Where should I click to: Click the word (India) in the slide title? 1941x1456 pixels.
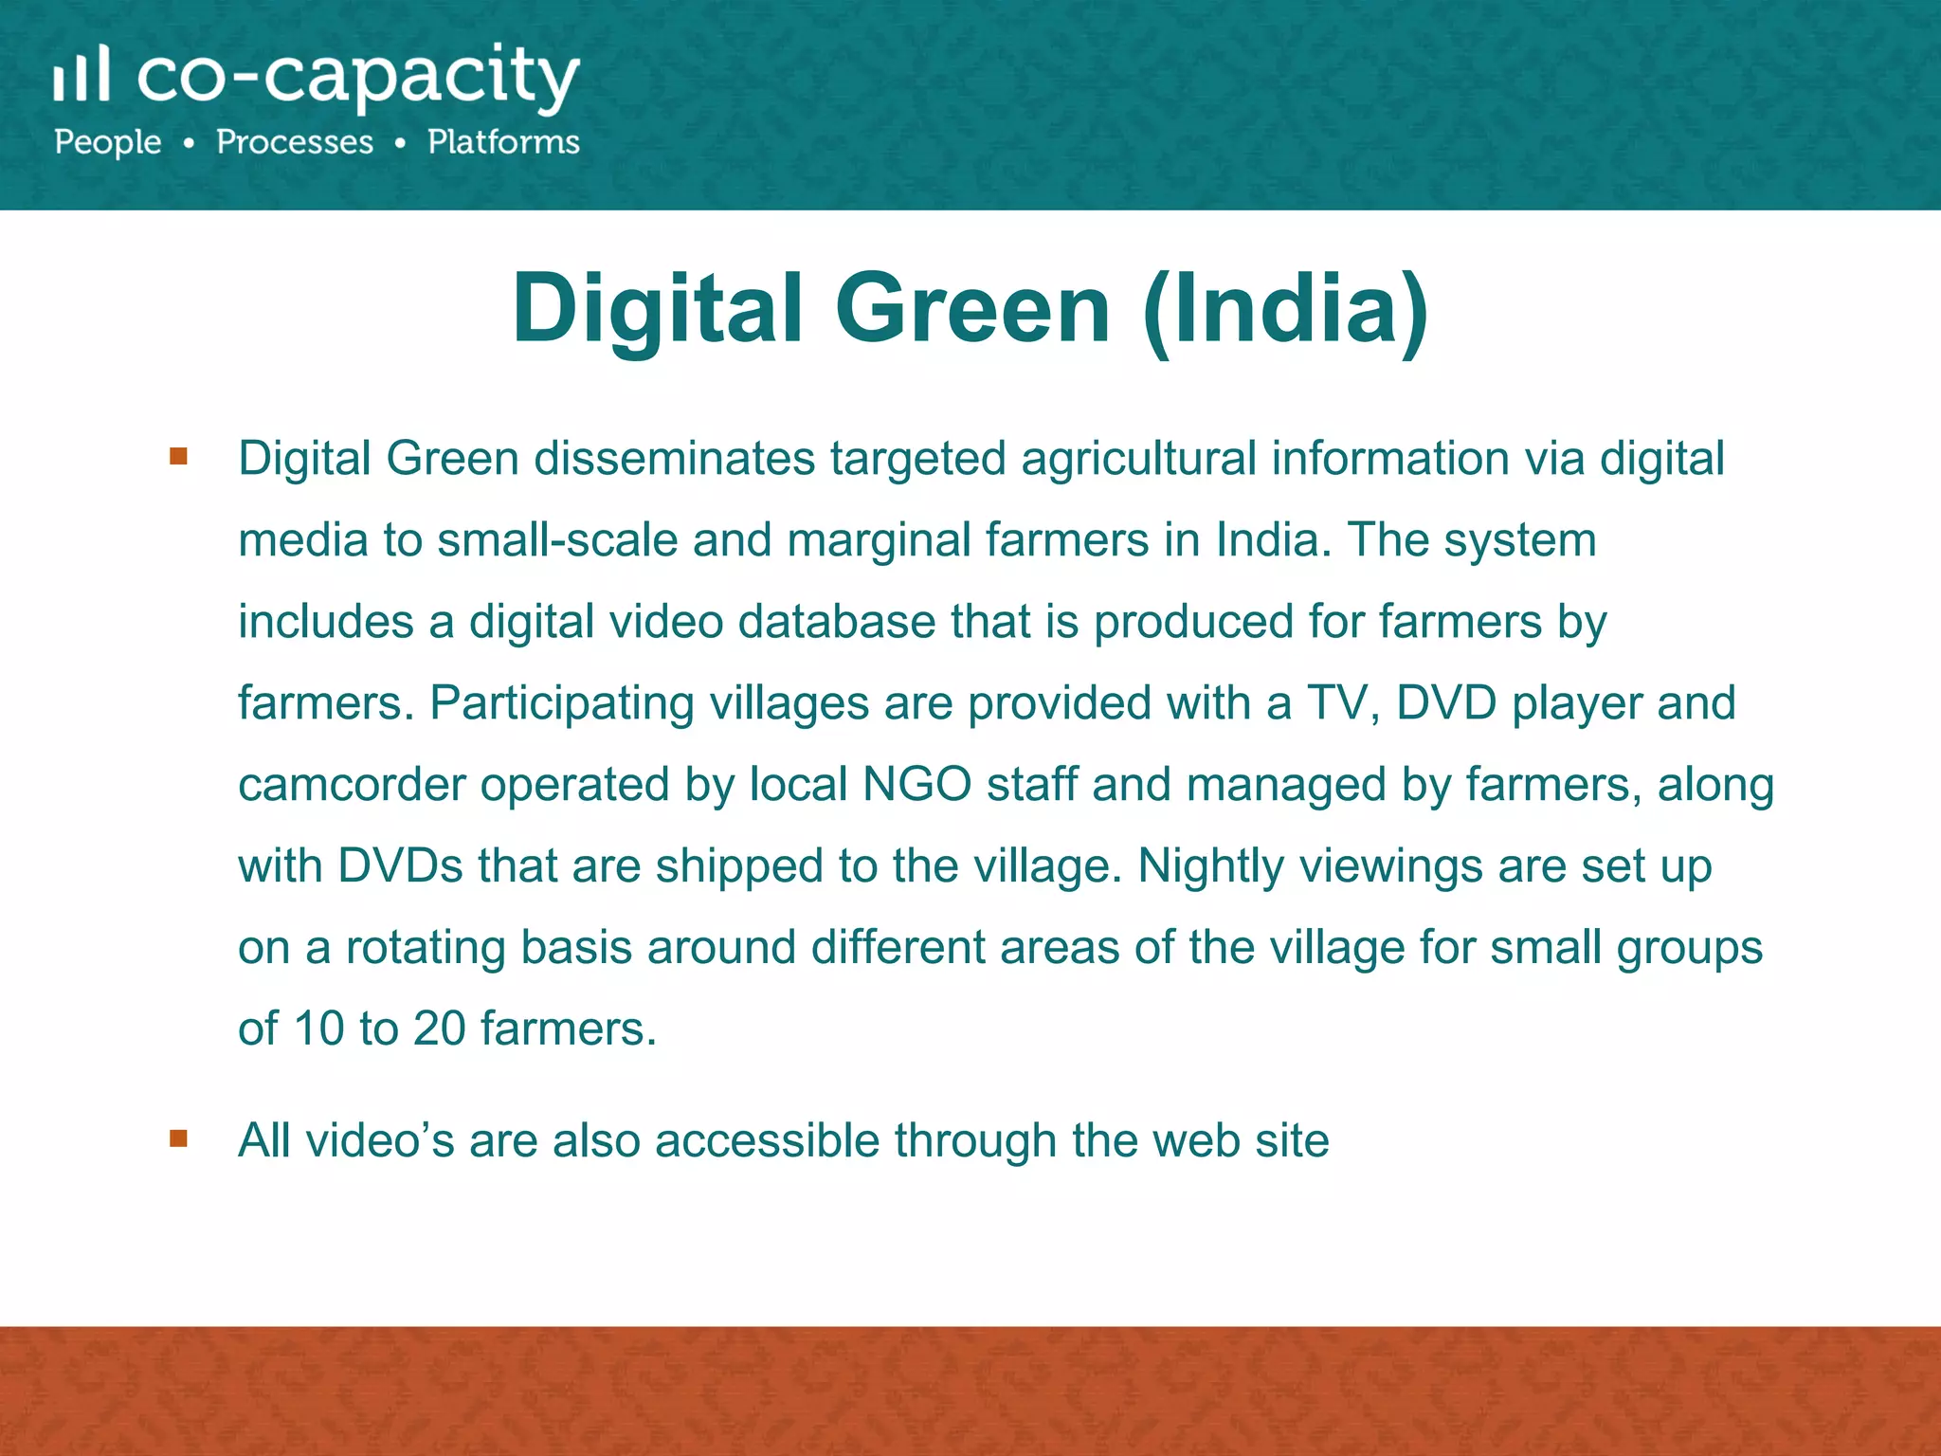coord(1286,309)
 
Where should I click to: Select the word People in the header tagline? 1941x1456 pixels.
coord(108,142)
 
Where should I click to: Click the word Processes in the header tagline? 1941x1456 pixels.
coord(295,142)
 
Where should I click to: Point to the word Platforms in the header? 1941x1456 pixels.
coord(503,142)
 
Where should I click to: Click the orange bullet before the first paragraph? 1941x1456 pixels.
coord(178,457)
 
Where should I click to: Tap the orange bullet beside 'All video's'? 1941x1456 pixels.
coord(178,1137)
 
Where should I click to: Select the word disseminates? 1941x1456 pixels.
coord(674,459)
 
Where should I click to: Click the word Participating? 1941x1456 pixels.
coord(562,703)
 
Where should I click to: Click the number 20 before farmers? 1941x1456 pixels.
coord(439,1029)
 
